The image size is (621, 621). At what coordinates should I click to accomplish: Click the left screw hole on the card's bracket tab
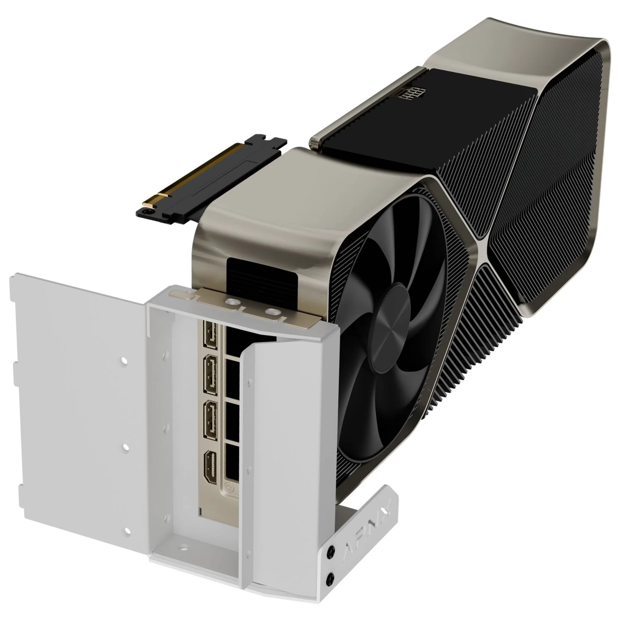pyautogui.click(x=230, y=303)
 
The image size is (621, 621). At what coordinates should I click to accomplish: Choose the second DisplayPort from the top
pyautogui.click(x=212, y=375)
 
